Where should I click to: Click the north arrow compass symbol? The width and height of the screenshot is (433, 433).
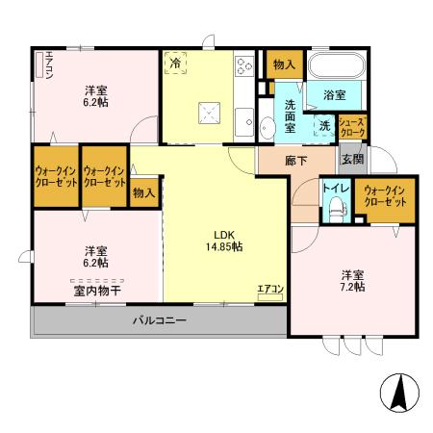pos(399,393)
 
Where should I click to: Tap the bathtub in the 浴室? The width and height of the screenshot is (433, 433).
pos(337,65)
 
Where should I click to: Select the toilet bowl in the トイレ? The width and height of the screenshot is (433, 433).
pos(336,209)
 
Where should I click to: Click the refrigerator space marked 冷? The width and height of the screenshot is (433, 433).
pos(175,63)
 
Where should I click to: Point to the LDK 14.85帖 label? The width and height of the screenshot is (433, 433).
pos(224,241)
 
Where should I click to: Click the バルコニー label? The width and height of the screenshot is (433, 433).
pos(160,320)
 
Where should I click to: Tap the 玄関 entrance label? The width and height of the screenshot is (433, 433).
pos(352,159)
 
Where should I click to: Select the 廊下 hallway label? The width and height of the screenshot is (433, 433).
pos(296,161)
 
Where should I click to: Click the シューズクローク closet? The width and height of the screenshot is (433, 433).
pos(352,127)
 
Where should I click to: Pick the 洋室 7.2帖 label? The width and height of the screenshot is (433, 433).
pos(352,281)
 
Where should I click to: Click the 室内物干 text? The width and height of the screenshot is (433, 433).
pos(97,291)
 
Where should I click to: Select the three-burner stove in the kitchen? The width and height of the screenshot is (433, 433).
pos(244,66)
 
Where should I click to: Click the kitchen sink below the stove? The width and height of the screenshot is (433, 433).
pos(244,122)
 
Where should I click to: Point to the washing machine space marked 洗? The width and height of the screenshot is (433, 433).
pos(324,126)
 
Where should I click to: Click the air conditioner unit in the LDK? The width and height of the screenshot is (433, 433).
pos(270,297)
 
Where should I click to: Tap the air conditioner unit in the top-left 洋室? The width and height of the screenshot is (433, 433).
pos(39,64)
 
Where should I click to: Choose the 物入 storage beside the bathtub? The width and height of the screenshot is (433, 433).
pos(285,64)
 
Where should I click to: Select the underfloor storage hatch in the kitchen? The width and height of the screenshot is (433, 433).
pos(210,113)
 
